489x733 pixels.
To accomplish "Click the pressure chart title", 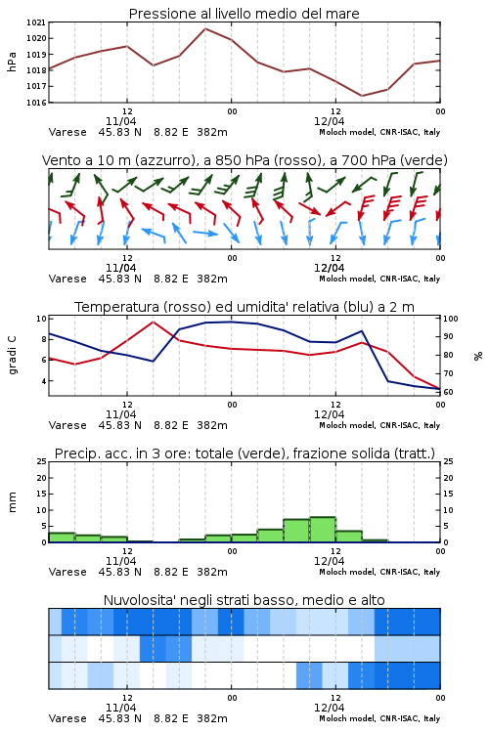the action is [244, 14].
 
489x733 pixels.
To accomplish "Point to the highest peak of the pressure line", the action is [205, 28].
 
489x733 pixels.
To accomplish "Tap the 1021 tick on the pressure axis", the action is [35, 22].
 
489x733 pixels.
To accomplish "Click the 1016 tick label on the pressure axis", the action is [35, 103].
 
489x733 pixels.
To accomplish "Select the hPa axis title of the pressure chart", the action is [12, 62].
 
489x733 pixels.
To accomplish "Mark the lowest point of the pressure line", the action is [362, 96].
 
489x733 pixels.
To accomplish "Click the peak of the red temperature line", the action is [153, 322].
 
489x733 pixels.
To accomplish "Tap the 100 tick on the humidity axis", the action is [451, 319].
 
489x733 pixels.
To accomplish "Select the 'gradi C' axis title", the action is [13, 356].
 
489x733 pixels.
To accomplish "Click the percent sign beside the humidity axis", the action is [478, 356].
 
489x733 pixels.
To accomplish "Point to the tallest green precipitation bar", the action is [323, 530].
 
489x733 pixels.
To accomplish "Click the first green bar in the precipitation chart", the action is [62, 538].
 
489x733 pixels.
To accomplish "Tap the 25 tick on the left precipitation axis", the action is [42, 462].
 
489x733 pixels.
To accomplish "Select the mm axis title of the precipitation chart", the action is [12, 502].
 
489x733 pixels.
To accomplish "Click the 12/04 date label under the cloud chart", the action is [329, 708].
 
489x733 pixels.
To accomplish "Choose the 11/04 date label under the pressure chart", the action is [120, 121].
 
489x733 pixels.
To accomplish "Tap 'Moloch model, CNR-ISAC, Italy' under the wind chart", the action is [379, 279].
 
